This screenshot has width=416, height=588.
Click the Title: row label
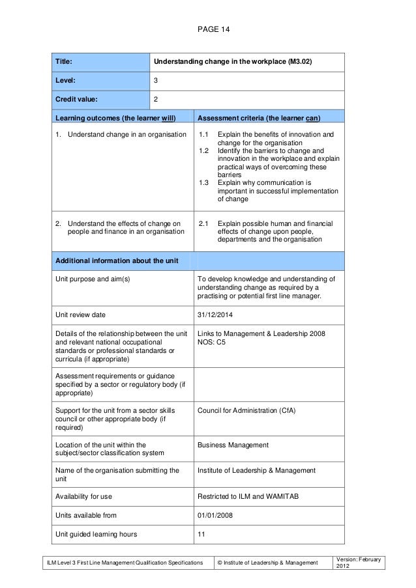[63, 62]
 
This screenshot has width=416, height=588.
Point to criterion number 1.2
[204, 151]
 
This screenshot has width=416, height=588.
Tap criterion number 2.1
[204, 223]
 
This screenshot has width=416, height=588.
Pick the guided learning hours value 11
[201, 535]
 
